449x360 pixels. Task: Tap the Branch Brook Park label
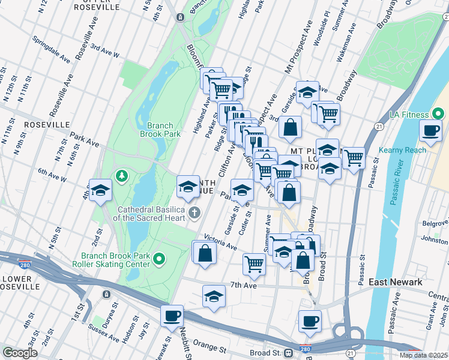pyautogui.click(x=164, y=130)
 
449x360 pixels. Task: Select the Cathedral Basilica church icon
pyautogui.click(x=194, y=213)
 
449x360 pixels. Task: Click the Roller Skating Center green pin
pyautogui.click(x=159, y=259)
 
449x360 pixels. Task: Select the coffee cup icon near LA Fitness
pyautogui.click(x=430, y=131)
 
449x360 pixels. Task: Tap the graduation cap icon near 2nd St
pyautogui.click(x=101, y=191)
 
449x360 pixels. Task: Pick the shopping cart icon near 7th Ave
pyautogui.click(x=255, y=263)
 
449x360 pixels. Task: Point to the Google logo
pyautogui.click(x=20, y=353)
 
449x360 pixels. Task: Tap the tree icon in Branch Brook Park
pyautogui.click(x=122, y=176)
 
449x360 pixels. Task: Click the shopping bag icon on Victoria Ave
pyautogui.click(x=205, y=252)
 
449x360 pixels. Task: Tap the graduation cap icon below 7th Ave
pyautogui.click(x=214, y=297)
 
